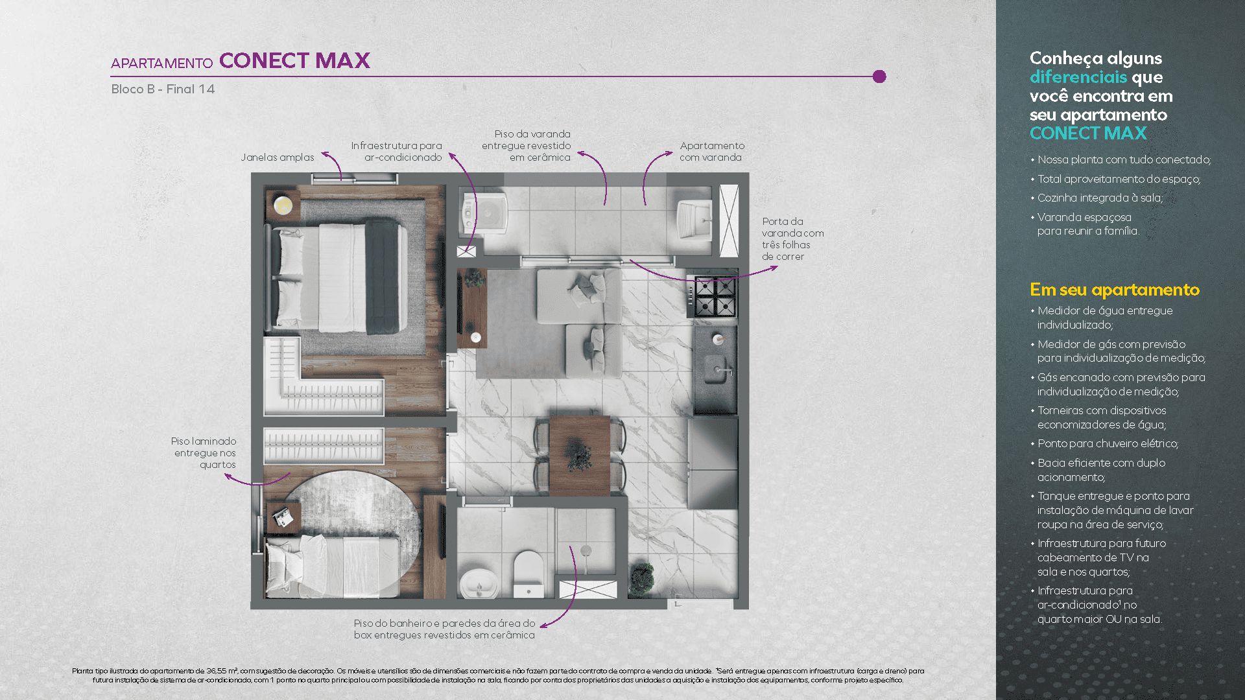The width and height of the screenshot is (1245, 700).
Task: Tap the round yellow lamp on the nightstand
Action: click(283, 205)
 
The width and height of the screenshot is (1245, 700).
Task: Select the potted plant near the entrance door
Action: click(641, 577)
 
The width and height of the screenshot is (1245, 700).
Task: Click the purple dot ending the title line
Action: click(879, 76)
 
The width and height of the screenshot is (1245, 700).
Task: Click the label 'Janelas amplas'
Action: click(277, 157)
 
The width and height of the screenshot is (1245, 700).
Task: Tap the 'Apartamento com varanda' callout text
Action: click(712, 152)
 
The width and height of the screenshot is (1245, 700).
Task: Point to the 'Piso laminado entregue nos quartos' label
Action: click(204, 452)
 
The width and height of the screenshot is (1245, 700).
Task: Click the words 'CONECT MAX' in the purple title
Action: click(294, 61)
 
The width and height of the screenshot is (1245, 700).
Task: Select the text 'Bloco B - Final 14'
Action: click(163, 89)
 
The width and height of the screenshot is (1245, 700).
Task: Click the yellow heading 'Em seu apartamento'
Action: click(1115, 290)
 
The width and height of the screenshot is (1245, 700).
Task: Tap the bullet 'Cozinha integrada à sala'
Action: click(1100, 198)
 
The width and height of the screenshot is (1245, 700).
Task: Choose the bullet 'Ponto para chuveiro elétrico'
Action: click(1108, 443)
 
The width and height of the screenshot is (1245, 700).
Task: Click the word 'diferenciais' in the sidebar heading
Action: click(1078, 77)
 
